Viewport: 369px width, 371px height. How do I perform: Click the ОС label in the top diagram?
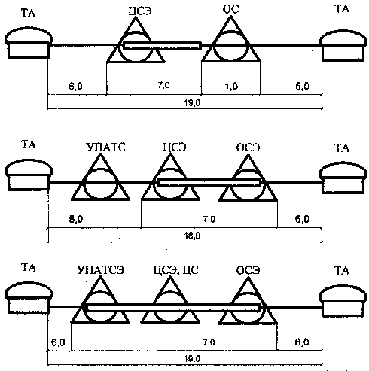point(230,9)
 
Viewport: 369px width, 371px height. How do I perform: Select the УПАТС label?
point(105,147)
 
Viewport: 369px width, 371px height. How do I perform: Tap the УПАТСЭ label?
point(101,270)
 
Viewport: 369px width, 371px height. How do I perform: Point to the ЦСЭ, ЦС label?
point(176,270)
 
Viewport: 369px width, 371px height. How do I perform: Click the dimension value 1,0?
point(231,87)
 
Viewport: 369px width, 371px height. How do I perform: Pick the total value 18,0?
point(192,236)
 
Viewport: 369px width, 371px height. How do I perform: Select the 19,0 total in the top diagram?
point(192,103)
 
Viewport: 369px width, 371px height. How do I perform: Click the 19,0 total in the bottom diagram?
point(192,359)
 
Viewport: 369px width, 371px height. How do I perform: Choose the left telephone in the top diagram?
point(29,43)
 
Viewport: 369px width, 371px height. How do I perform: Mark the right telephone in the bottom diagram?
point(343,302)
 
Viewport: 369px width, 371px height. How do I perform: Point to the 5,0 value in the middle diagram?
point(76,219)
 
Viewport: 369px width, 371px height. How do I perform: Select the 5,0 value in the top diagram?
point(302,86)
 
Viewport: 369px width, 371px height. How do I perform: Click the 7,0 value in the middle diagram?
point(209,219)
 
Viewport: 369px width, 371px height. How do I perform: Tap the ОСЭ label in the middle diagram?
point(248,147)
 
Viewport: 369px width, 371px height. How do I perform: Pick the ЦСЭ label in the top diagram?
point(140,11)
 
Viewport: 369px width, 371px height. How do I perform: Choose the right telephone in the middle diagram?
point(343,178)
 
